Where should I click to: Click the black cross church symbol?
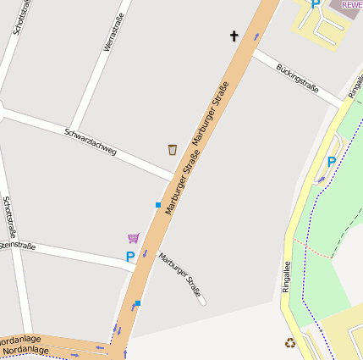[x=234, y=36]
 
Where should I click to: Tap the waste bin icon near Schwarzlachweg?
[x=173, y=149]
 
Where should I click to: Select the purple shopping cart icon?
[x=133, y=238]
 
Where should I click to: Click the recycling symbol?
[x=290, y=343]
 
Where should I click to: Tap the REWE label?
[x=352, y=4]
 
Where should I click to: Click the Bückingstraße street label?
[x=296, y=77]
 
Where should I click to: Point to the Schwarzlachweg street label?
[x=91, y=141]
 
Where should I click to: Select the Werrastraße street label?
[x=114, y=32]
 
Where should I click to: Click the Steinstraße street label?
[x=17, y=246]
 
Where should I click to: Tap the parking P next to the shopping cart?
[x=130, y=257]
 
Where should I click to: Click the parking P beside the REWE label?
[x=316, y=4]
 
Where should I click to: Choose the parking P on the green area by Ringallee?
[x=331, y=162]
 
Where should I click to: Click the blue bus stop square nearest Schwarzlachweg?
[x=158, y=205]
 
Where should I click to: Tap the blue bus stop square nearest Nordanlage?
[x=137, y=303]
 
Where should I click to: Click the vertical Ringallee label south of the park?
[x=286, y=276]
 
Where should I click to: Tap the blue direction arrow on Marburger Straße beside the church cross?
[x=256, y=36]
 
